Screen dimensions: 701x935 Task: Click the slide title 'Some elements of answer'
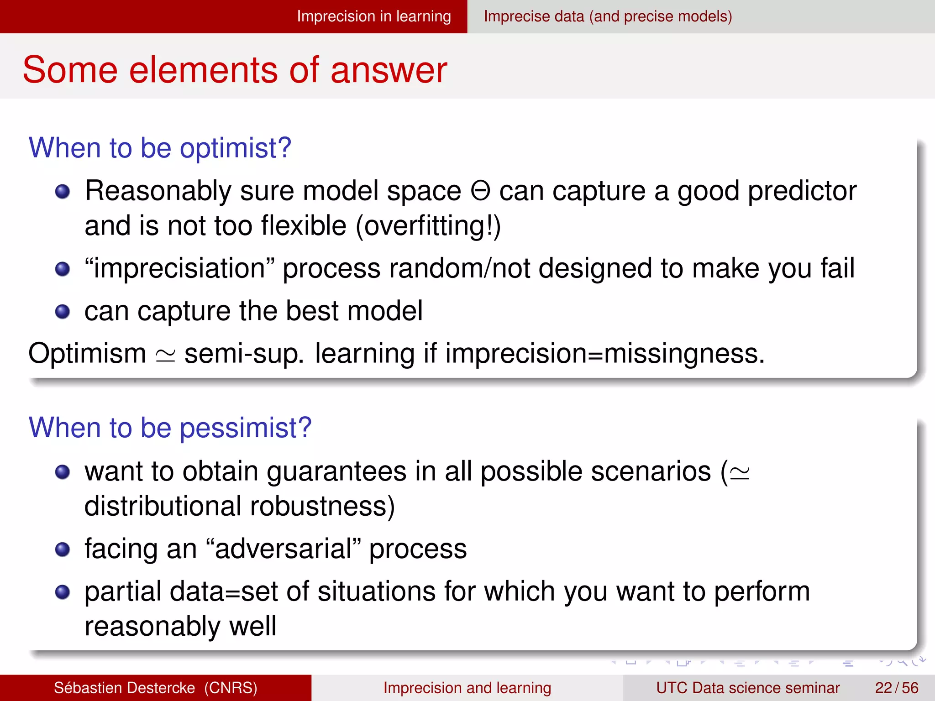click(235, 70)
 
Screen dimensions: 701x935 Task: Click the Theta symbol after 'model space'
click(480, 191)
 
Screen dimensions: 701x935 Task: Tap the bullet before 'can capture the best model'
click(63, 312)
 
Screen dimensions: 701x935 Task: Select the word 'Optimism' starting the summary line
click(87, 354)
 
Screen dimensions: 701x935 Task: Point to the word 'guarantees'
click(336, 471)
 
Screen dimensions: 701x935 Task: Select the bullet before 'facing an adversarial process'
click(63, 549)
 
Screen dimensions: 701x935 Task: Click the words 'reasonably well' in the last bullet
click(180, 626)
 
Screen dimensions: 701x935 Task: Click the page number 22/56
click(896, 688)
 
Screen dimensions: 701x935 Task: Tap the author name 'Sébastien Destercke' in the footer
click(124, 688)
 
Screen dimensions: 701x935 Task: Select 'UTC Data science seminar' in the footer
click(747, 688)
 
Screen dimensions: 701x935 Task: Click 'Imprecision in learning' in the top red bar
click(373, 16)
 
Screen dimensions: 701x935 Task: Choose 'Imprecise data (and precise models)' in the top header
click(608, 16)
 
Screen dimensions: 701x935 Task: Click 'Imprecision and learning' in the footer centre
click(467, 688)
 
